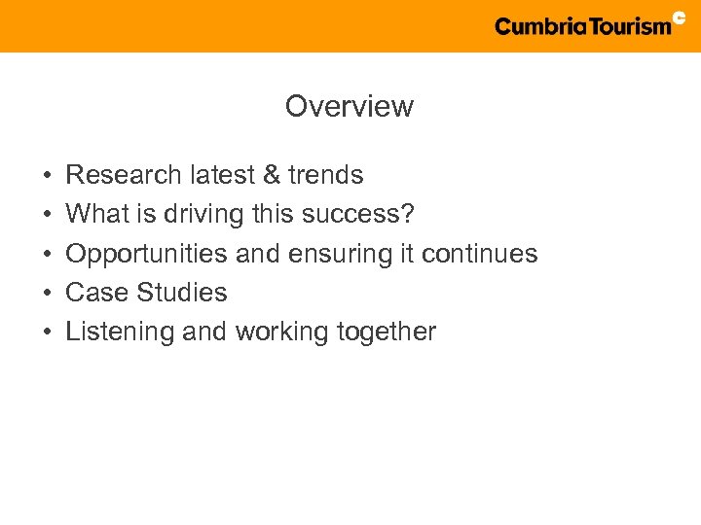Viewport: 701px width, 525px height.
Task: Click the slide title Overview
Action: point(349,106)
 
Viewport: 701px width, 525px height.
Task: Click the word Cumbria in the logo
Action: point(539,26)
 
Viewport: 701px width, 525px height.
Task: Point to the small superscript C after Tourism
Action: point(680,17)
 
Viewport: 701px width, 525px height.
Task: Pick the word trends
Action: point(324,175)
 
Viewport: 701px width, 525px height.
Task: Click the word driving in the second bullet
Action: point(201,214)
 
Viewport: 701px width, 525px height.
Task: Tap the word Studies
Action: point(182,293)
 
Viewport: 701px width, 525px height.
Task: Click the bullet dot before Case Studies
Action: point(47,294)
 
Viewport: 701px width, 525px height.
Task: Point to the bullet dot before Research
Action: point(47,176)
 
